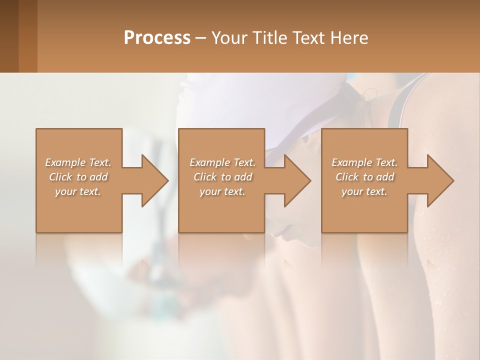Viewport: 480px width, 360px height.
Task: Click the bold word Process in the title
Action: tap(157, 38)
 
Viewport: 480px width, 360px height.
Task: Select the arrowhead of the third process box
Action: tap(439, 180)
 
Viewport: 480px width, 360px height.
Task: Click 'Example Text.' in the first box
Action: tap(78, 162)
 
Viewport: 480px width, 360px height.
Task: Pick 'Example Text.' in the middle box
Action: tap(222, 162)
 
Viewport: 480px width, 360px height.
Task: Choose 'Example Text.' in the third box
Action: tap(364, 162)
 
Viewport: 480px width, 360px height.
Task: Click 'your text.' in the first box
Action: tap(78, 191)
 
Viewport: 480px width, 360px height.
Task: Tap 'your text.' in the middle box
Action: tap(222, 191)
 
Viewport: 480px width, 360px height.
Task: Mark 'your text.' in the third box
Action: tap(364, 191)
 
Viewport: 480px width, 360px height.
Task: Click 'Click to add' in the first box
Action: tap(78, 177)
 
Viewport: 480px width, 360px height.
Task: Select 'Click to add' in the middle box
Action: tap(222, 177)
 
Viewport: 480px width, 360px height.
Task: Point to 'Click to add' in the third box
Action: tap(364, 177)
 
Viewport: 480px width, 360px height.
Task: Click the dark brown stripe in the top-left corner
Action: tap(9, 35)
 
